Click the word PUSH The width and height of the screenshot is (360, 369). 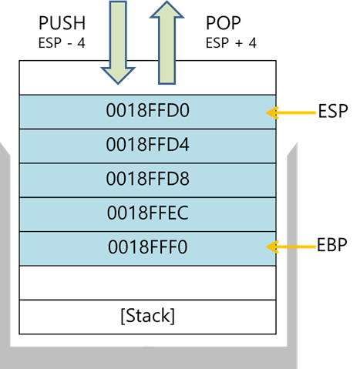(x=62, y=23)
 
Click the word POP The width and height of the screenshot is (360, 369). (x=224, y=23)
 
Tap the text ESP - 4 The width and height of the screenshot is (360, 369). (x=62, y=43)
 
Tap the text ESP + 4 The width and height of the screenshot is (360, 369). (x=231, y=43)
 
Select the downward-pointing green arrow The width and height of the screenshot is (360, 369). (x=118, y=42)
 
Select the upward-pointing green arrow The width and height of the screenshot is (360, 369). (x=167, y=42)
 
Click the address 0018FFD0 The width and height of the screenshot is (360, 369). (x=148, y=110)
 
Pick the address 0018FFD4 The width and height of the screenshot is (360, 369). (x=148, y=144)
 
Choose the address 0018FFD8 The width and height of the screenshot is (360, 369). (x=148, y=179)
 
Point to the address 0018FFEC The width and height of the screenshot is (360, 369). (x=148, y=213)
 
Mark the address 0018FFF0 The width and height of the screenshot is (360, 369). (x=148, y=247)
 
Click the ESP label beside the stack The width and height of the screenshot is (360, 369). (x=333, y=111)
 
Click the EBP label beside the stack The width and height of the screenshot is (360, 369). (x=332, y=245)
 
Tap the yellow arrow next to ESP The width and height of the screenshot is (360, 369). (x=291, y=112)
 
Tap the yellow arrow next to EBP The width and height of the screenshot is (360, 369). (x=291, y=247)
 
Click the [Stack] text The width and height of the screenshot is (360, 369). (x=148, y=316)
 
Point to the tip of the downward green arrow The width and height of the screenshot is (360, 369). (x=118, y=84)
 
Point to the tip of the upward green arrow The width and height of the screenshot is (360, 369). (x=167, y=2)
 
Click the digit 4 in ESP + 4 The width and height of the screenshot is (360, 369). (x=252, y=43)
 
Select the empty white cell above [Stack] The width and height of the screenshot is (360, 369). (x=148, y=283)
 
